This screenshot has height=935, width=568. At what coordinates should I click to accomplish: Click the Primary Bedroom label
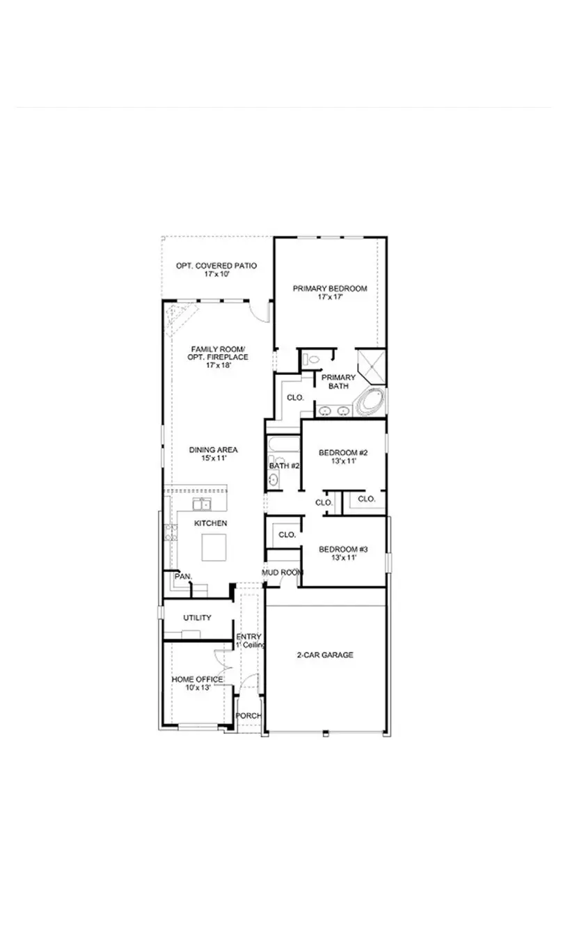[329, 288]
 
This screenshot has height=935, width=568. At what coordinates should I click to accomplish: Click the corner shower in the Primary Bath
[370, 365]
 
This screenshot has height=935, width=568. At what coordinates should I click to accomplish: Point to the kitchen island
[214, 547]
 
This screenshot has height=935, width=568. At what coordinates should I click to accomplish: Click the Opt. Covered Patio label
[216, 266]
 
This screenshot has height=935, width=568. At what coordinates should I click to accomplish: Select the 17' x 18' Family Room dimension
[217, 365]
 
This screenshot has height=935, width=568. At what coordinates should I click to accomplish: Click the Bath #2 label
[284, 465]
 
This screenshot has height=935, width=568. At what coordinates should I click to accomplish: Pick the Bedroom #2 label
[342, 453]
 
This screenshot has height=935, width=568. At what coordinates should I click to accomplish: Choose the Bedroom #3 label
[342, 549]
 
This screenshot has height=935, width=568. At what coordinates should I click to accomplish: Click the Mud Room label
[283, 573]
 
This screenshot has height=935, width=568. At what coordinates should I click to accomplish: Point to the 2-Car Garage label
[325, 655]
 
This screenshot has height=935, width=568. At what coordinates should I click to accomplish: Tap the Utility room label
[197, 618]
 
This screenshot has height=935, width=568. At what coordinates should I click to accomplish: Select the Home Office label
[197, 679]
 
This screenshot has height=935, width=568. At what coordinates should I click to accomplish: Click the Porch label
[248, 716]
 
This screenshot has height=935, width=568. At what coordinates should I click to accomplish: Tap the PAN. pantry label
[183, 576]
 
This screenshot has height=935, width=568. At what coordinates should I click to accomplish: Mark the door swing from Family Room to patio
[260, 312]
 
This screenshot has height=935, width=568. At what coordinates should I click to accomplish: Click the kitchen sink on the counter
[203, 502]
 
